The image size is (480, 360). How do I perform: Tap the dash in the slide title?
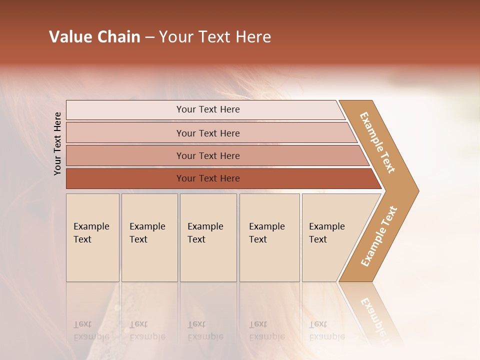coord(149,37)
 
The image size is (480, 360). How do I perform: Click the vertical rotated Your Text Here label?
coord(57,143)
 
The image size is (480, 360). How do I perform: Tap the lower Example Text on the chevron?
coord(378,236)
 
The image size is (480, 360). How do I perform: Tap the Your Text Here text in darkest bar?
coord(208,178)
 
